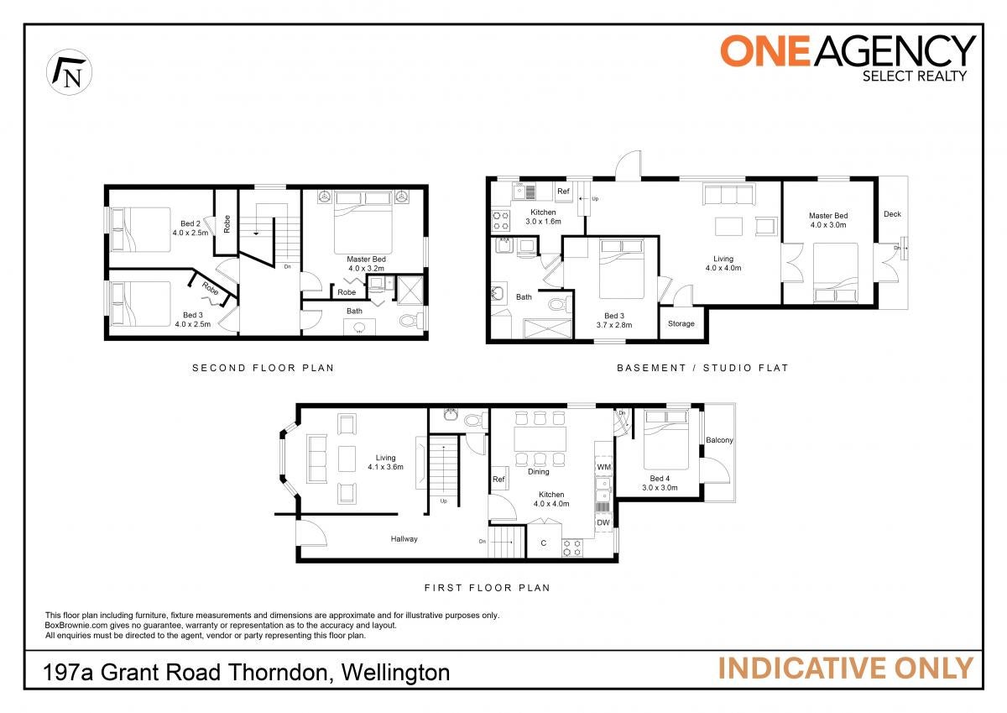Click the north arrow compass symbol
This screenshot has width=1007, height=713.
point(69,72)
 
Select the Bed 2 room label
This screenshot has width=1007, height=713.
point(190,223)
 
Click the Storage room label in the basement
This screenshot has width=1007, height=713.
point(681,323)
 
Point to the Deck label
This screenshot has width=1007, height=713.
point(892,214)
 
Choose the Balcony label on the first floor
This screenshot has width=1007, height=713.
point(719,440)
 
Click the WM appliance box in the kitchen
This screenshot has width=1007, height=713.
point(603,467)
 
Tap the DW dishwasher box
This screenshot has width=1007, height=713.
point(603,522)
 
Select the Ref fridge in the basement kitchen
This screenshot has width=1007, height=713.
point(563,191)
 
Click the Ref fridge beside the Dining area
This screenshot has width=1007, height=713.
point(498,479)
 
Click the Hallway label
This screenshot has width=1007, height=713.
point(404,539)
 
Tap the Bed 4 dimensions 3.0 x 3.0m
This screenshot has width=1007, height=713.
point(660,488)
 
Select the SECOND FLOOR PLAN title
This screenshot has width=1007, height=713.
point(263,368)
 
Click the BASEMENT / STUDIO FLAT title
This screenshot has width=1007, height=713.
point(702,368)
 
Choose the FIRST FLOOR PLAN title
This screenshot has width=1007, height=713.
point(488,588)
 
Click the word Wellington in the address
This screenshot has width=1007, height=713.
point(395,673)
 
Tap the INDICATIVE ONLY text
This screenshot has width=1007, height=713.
point(846,668)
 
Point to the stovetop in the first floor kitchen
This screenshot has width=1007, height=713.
point(571,548)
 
